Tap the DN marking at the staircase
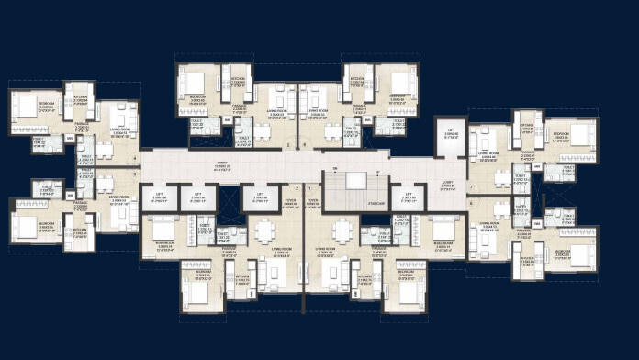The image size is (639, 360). click(x=337, y=170)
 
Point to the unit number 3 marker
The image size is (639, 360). click(x=134, y=173)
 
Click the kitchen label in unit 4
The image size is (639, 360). click(x=80, y=97)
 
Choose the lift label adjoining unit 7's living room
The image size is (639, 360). click(x=451, y=134)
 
